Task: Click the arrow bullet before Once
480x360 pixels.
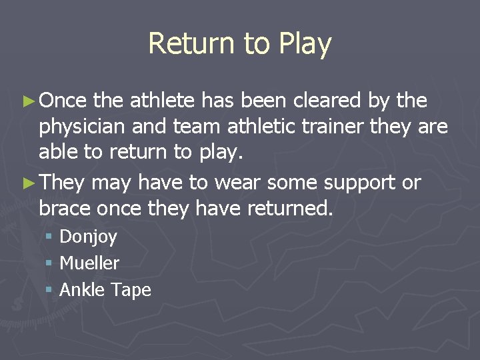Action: point(29,101)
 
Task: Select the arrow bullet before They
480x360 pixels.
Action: point(29,182)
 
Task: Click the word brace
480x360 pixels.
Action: point(65,209)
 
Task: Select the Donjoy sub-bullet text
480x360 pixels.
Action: point(88,237)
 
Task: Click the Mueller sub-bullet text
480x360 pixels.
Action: point(89,263)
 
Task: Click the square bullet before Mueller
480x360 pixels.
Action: point(49,264)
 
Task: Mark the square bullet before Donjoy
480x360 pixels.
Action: point(49,237)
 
